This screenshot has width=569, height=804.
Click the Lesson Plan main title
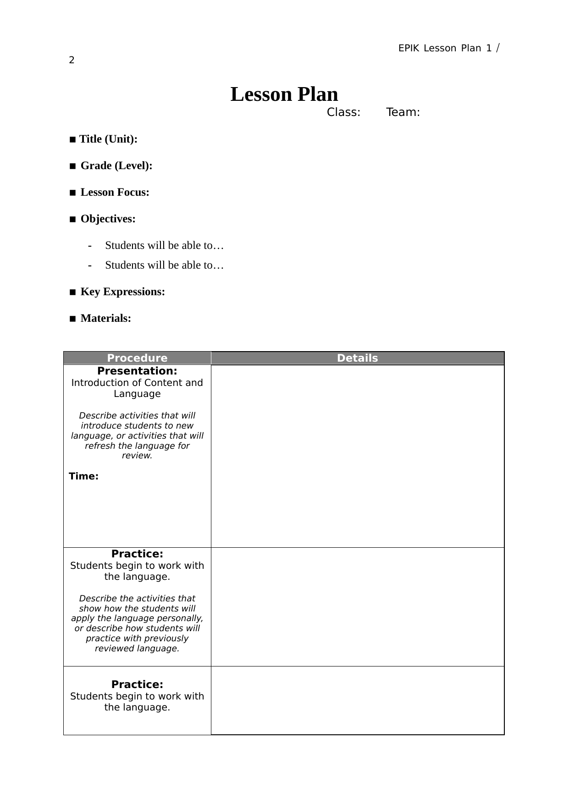284,94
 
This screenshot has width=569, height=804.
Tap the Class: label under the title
343,112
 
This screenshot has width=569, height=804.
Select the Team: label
403,112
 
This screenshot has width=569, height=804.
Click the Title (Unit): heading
108,139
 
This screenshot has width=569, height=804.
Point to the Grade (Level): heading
116,166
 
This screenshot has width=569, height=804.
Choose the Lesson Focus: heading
115,193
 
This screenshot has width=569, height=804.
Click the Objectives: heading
108,219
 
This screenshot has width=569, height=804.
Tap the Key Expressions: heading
122,292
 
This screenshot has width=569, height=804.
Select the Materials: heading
105,319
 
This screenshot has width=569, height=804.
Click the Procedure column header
137,358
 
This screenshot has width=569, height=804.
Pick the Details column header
357,358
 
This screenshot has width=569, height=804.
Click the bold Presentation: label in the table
137,371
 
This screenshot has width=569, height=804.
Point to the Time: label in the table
83,476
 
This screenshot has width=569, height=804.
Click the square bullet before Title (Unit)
72,140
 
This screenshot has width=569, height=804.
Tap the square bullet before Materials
72,319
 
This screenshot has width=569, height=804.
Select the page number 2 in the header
72,60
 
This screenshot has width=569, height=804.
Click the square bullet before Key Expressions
72,292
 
